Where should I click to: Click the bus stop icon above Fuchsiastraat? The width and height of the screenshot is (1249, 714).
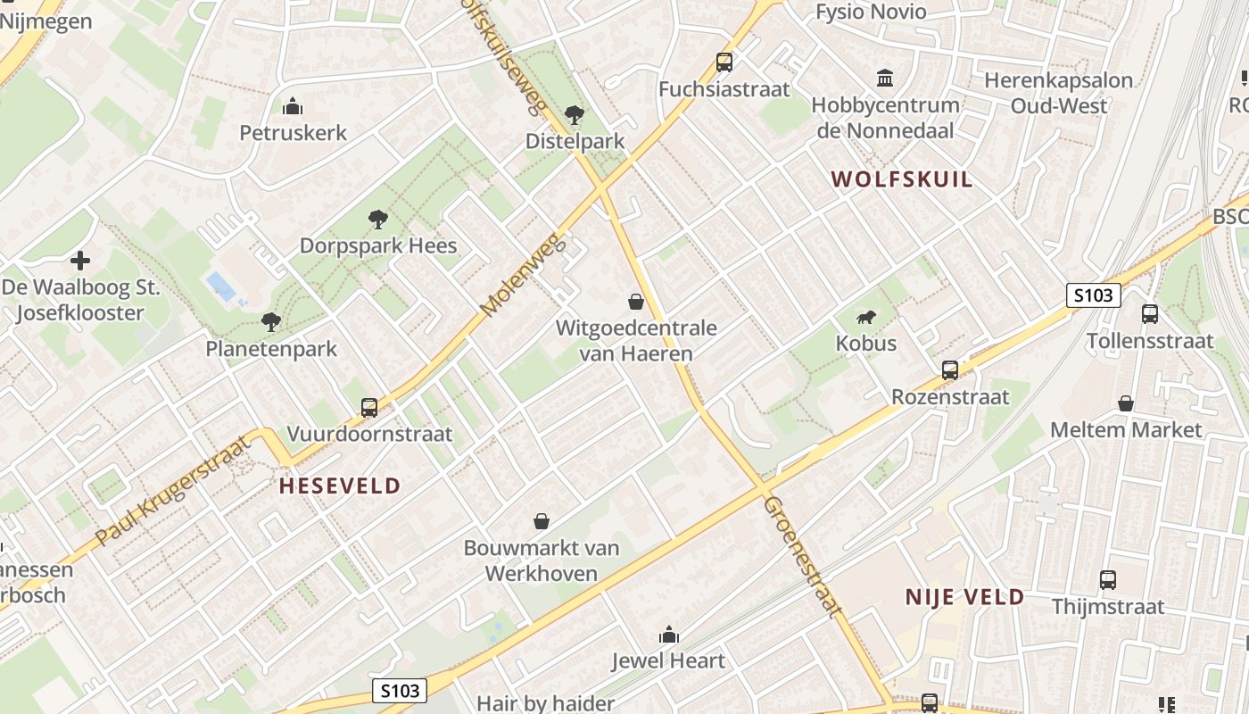click(x=724, y=62)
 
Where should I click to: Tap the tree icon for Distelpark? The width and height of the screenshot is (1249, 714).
click(x=575, y=114)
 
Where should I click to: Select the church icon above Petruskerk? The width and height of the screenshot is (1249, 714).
click(x=293, y=107)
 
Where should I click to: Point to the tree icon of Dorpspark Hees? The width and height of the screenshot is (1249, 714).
click(x=378, y=219)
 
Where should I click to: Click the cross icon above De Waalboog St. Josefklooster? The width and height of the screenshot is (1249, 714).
click(x=80, y=261)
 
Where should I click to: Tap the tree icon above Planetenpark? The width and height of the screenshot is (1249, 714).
click(x=271, y=321)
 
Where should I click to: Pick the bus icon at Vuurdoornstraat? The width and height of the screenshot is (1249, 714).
click(x=369, y=408)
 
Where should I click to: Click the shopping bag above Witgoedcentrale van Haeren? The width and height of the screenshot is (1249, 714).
click(x=636, y=302)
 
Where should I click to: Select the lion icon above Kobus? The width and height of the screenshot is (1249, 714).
click(x=866, y=317)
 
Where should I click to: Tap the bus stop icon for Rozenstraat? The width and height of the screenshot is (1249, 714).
click(x=950, y=369)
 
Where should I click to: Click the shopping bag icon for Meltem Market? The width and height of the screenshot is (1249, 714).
click(x=1126, y=403)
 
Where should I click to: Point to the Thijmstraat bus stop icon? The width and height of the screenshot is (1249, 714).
click(x=1108, y=580)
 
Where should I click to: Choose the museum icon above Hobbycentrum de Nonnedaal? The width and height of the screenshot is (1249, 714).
click(x=885, y=79)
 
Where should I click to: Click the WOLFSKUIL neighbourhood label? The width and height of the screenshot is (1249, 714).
click(x=902, y=179)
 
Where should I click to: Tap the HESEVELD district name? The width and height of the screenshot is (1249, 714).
click(x=340, y=486)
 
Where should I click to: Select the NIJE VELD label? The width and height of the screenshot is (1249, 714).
click(x=964, y=597)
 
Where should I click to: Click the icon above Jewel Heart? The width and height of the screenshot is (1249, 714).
click(x=668, y=635)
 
